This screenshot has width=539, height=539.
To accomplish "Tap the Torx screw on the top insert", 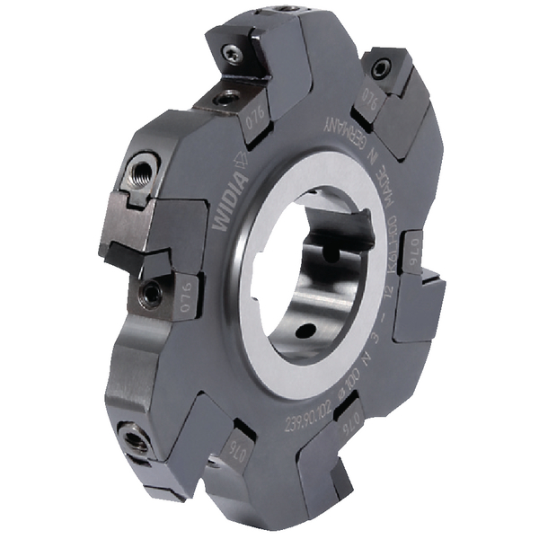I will pyautogui.click(x=233, y=56).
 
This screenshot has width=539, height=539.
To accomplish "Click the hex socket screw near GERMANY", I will pyautogui.click(x=383, y=67).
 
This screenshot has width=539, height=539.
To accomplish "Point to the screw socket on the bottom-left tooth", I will pyautogui.click(x=137, y=440).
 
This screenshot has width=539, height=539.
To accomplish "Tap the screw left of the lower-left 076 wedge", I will pyautogui.click(x=150, y=292).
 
